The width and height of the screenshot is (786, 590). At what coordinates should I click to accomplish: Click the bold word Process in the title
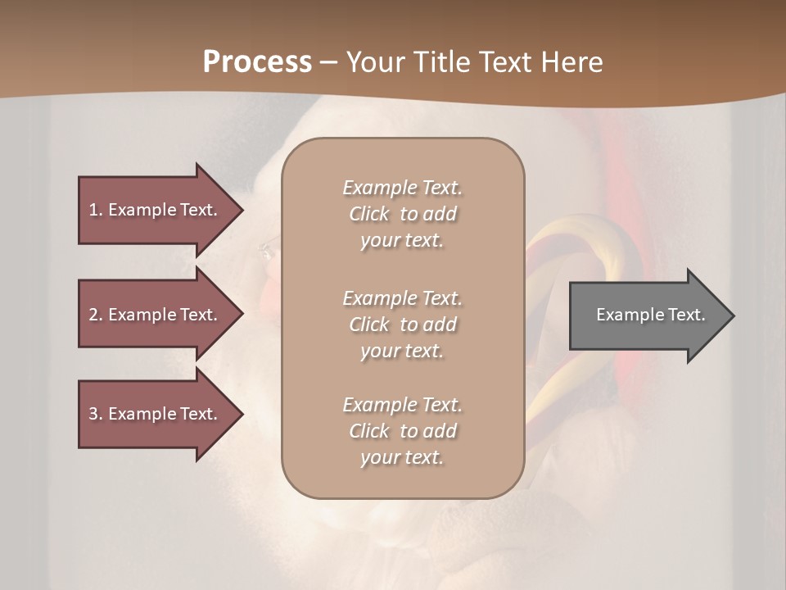257,62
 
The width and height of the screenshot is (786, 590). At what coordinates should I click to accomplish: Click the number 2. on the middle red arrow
96,315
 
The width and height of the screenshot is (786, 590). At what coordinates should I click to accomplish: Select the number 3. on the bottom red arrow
96,414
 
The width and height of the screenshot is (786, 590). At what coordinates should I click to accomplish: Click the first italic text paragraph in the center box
402,214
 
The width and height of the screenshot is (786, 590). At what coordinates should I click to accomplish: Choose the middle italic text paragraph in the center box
402,324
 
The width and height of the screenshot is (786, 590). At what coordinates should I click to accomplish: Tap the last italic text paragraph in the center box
402,431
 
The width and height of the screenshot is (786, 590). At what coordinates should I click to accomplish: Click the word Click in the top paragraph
369,214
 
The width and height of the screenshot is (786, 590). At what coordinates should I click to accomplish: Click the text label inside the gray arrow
651,315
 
